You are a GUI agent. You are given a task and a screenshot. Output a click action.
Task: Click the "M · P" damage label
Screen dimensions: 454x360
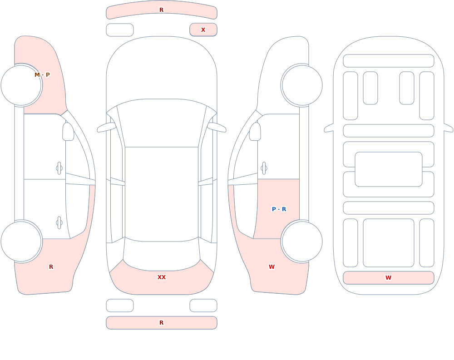pos(42,75)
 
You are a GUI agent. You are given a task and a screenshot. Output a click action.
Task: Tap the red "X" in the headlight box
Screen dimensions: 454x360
pos(203,30)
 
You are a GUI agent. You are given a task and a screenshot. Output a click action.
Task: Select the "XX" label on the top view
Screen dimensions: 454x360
pos(162,277)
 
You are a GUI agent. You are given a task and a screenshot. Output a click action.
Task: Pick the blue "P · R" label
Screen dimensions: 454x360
pos(279,209)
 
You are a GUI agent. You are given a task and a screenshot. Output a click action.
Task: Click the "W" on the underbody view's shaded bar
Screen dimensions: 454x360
pos(388,277)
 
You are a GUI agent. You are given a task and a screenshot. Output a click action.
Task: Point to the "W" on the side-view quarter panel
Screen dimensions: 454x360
pos(271,267)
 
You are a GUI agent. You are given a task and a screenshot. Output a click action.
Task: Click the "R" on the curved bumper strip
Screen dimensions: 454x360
pos(162,10)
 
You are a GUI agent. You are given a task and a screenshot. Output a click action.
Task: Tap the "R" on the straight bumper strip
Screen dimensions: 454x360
pos(162,323)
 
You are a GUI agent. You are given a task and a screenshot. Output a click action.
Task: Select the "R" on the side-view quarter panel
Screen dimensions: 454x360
pos(51,267)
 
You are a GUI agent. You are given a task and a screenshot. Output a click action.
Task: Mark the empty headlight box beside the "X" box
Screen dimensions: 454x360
pos(120,30)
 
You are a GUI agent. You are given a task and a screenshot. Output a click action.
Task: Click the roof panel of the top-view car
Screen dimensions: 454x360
pos(162,194)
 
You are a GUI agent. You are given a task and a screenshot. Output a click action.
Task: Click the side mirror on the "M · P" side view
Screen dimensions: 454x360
pos(68,132)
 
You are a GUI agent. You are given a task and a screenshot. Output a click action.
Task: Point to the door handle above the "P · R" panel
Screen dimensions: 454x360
pos(264,168)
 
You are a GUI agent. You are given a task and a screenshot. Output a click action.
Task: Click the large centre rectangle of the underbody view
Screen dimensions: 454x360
pos(389,169)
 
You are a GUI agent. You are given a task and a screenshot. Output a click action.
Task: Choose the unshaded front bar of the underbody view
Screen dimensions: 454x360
pos(389,61)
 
